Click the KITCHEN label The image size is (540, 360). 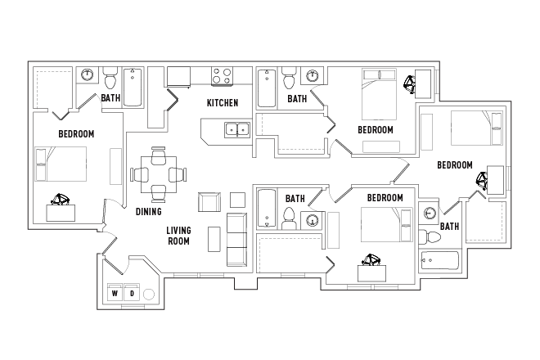point(222,103)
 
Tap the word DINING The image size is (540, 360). point(148,211)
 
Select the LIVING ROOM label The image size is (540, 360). point(178,236)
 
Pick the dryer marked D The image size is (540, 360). point(131,293)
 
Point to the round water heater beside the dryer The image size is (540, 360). point(149,294)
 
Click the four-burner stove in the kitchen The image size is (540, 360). point(223,77)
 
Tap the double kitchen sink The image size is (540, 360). point(237,129)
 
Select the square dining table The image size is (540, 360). point(159,173)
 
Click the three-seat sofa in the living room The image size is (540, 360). point(236,239)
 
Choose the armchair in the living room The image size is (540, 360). point(209,202)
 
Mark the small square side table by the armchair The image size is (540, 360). point(237,200)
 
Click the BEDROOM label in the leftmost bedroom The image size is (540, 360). point(76,134)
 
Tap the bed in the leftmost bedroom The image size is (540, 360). point(61,164)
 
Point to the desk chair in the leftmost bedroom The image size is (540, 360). point(61,199)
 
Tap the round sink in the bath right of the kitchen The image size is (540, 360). point(312,77)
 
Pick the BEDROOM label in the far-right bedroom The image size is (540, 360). point(455,165)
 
